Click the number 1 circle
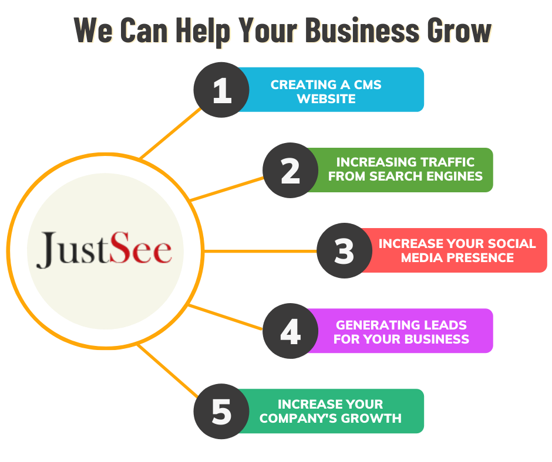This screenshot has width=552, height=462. [221, 90]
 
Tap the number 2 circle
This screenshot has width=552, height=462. [290, 170]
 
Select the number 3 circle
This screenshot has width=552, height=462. [345, 250]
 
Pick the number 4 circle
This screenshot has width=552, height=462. [290, 331]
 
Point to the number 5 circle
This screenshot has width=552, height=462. [221, 412]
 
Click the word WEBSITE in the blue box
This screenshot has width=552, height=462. [326, 99]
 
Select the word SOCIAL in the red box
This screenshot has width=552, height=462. [513, 243]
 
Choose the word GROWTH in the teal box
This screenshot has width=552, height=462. [373, 418]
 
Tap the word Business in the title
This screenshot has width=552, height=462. [365, 31]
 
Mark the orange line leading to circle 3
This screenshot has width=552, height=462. [258, 251]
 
